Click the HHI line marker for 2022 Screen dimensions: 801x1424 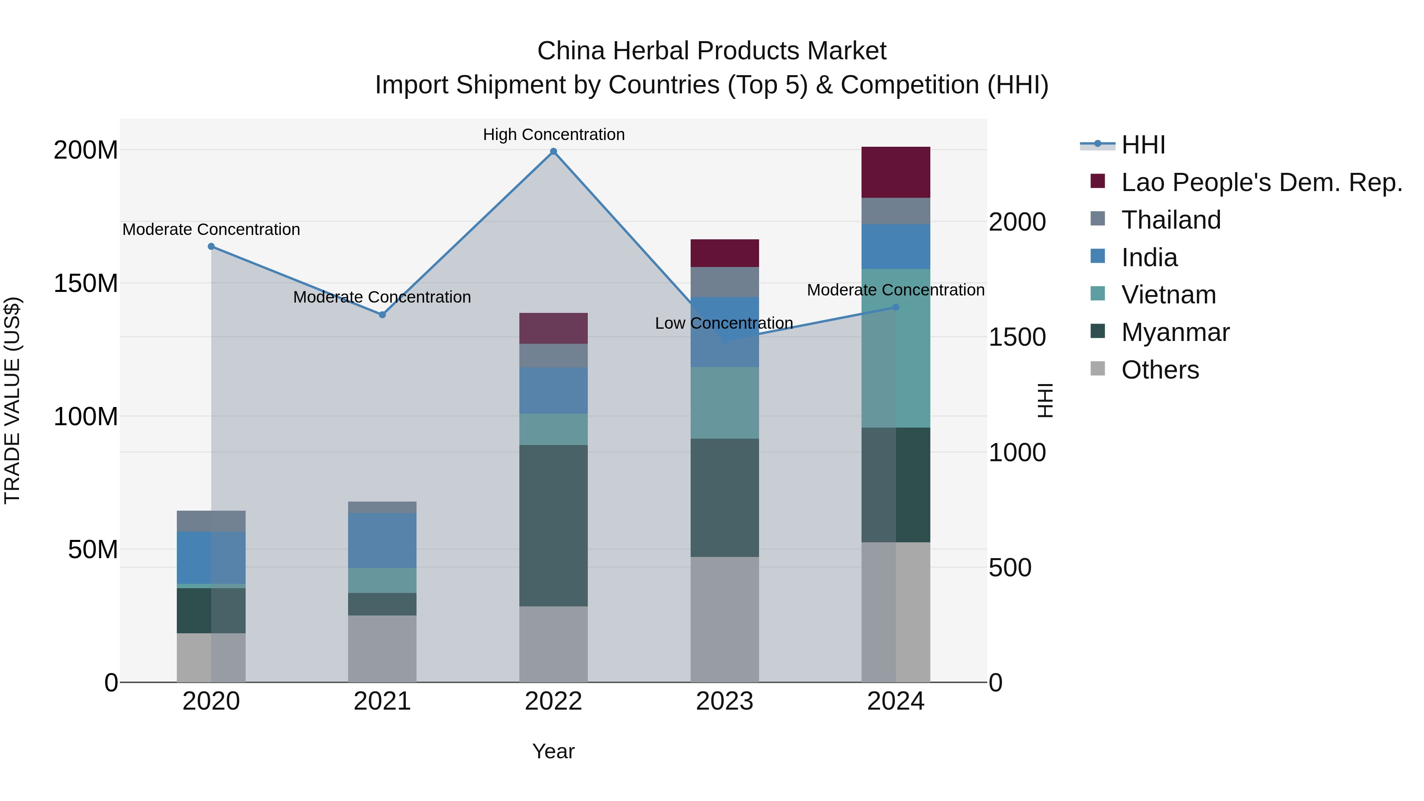coord(553,151)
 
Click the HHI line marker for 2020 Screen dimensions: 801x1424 coord(211,246)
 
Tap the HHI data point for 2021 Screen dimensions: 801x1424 coord(382,314)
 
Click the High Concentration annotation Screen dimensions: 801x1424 coord(553,134)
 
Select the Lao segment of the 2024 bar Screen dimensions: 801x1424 coord(896,172)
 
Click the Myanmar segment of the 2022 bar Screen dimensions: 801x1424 coord(553,525)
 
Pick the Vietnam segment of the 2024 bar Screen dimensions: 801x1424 coord(896,348)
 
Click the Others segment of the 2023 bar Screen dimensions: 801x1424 coord(724,619)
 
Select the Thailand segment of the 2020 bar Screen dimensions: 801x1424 coord(211,521)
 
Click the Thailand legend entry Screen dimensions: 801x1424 coord(1170,220)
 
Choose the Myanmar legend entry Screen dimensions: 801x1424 coord(1175,332)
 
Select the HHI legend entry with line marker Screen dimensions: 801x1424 coord(1143,145)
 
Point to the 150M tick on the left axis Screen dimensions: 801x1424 coord(86,283)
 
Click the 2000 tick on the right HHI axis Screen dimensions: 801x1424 coord(1017,222)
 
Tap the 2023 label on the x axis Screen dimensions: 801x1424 coord(724,701)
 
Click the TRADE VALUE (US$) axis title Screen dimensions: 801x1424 coord(12,400)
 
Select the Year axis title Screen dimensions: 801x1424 coord(553,751)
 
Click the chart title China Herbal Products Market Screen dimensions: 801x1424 coord(712,51)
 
